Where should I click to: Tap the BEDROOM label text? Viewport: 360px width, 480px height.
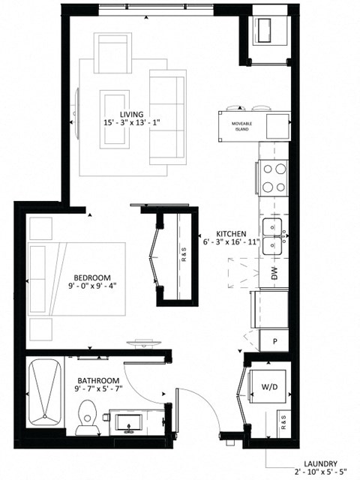point(92,276)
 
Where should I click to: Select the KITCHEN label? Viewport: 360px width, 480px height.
point(232,233)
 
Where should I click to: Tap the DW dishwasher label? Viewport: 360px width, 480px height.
point(274,276)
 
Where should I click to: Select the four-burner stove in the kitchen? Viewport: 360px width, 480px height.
point(274,178)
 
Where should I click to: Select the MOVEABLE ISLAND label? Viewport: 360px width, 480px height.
point(241,126)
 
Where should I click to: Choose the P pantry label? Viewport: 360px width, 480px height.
point(275,341)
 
